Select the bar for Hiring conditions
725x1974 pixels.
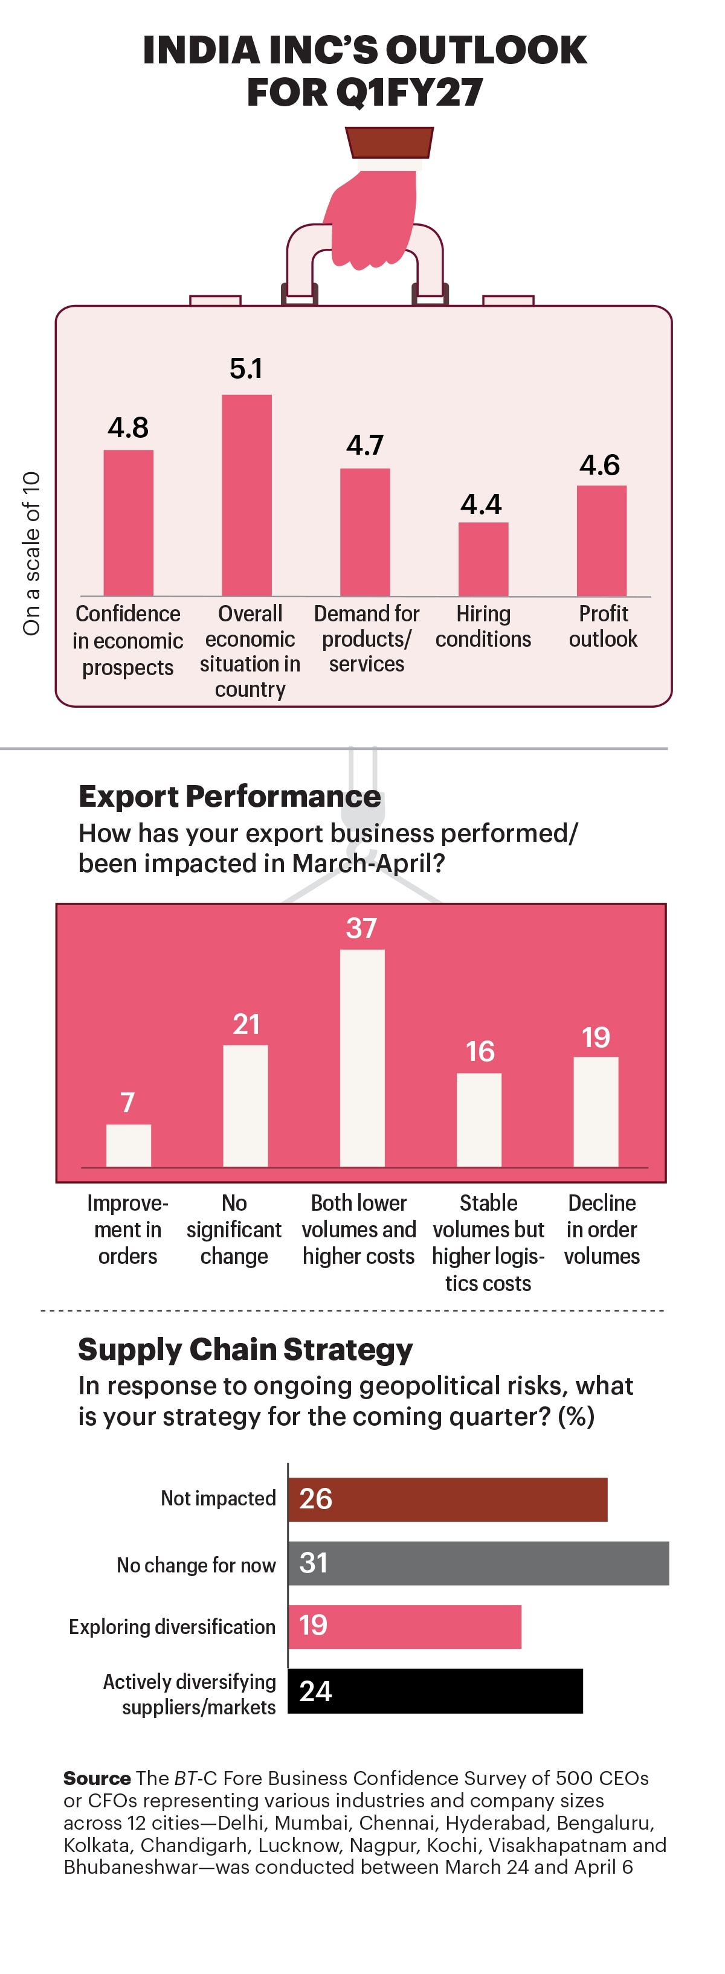(x=483, y=559)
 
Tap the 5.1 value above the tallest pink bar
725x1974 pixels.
(x=246, y=368)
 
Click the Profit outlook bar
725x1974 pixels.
(x=602, y=540)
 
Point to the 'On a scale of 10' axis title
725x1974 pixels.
(x=31, y=553)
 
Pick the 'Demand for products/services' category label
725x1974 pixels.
(x=366, y=638)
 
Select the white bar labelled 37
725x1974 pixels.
(x=362, y=1057)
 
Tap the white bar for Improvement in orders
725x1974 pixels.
(x=128, y=1145)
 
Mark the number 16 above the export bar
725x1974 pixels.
(x=480, y=1051)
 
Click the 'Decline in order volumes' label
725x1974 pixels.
(x=602, y=1229)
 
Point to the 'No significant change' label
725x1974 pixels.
(x=234, y=1229)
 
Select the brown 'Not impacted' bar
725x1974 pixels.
(x=448, y=1499)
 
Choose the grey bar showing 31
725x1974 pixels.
(x=478, y=1563)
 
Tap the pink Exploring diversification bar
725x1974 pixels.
(x=405, y=1626)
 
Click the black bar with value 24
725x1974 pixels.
(x=436, y=1690)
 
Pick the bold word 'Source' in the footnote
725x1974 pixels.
(x=97, y=1778)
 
